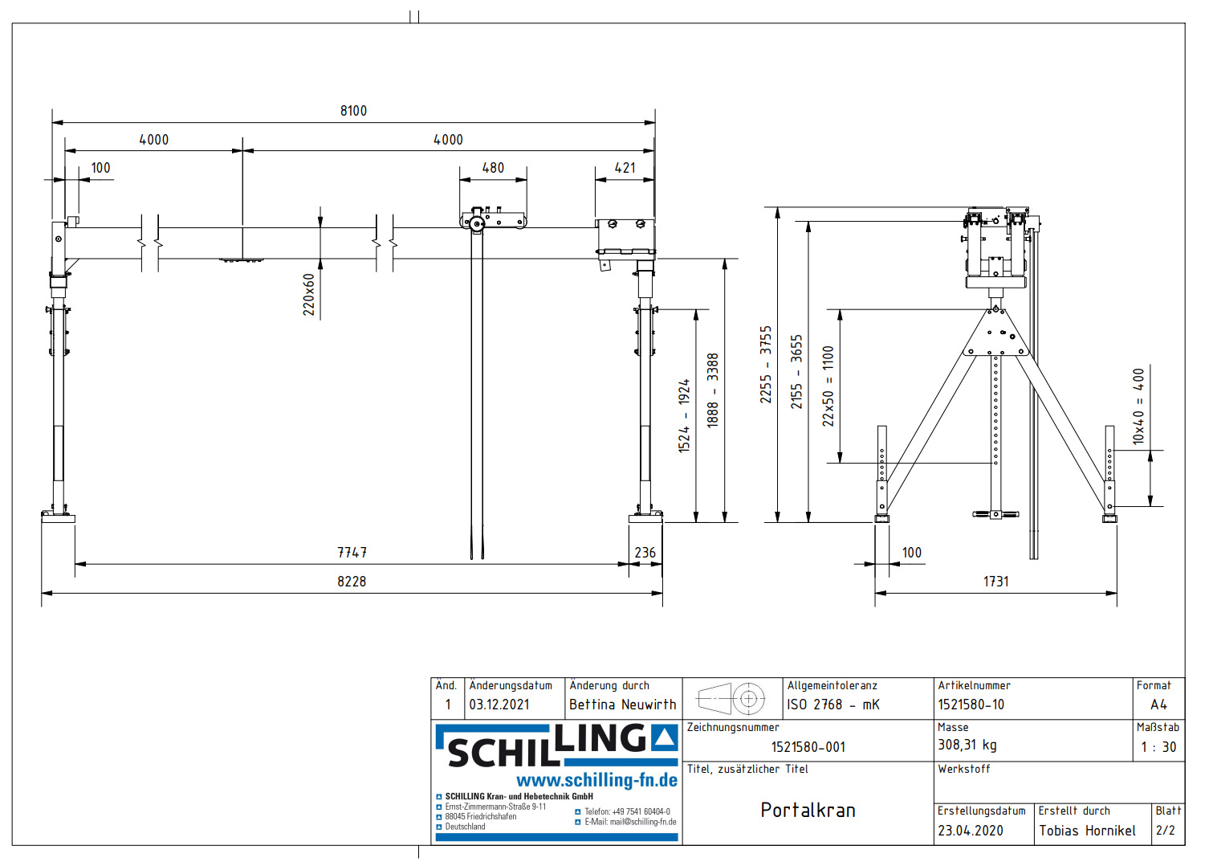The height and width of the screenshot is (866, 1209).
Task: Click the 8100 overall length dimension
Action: pyautogui.click(x=353, y=111)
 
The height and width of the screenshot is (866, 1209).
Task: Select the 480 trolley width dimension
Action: pyautogui.click(x=493, y=168)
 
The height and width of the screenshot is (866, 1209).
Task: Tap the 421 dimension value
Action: pyautogui.click(x=625, y=168)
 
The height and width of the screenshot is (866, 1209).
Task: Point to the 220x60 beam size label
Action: pyautogui.click(x=309, y=294)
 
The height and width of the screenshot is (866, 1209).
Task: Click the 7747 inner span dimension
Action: pyautogui.click(x=352, y=553)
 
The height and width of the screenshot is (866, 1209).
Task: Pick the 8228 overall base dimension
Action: pyautogui.click(x=352, y=582)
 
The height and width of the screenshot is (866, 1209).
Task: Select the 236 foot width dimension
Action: pyautogui.click(x=645, y=553)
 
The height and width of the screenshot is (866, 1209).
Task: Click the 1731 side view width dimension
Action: pyautogui.click(x=995, y=582)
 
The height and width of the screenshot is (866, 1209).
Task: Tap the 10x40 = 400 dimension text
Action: pyautogui.click(x=1138, y=406)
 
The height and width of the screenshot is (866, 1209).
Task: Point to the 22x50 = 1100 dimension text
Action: pyautogui.click(x=828, y=386)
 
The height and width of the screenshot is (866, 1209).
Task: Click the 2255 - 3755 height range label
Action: pyautogui.click(x=766, y=364)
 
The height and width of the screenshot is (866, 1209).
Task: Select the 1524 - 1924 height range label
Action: pyautogui.click(x=684, y=415)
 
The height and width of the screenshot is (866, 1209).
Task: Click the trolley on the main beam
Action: pyautogui.click(x=493, y=220)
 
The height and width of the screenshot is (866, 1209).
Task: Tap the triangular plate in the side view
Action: pyautogui.click(x=996, y=336)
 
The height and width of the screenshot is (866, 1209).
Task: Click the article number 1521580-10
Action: pyautogui.click(x=971, y=705)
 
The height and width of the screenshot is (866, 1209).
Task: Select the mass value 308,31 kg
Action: pyautogui.click(x=967, y=745)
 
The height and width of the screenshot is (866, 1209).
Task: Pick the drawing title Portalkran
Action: pyautogui.click(x=808, y=810)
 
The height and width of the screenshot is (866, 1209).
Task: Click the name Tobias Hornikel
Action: pyautogui.click(x=1087, y=831)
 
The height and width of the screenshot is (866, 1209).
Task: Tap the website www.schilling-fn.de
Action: pyautogui.click(x=596, y=780)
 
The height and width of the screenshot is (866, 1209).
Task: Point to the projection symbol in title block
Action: pyautogui.click(x=731, y=698)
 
